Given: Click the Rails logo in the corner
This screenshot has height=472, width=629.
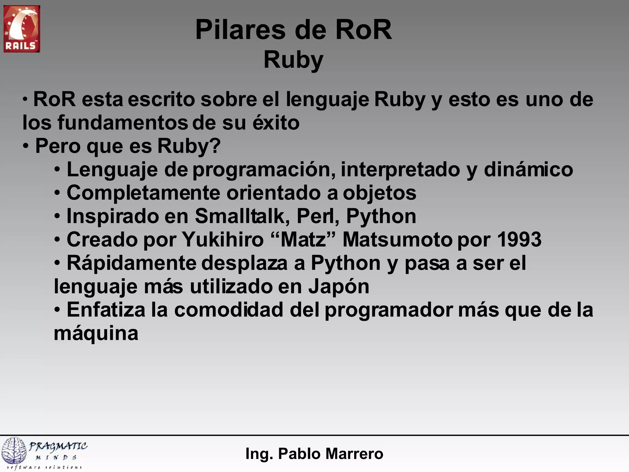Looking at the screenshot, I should pos(21,29).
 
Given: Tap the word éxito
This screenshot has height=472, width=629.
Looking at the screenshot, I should pos(276,123).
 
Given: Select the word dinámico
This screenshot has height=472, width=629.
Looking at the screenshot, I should pos(528,170).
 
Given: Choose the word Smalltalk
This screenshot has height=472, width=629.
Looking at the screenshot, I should pos(242,216).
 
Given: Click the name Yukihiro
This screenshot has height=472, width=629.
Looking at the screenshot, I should pos(223,239).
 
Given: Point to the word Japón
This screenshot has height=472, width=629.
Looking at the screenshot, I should pos(338,286).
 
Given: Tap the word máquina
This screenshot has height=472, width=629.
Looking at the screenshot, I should pos(96,334).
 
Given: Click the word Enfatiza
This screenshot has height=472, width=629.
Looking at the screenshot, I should pos(106,310).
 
